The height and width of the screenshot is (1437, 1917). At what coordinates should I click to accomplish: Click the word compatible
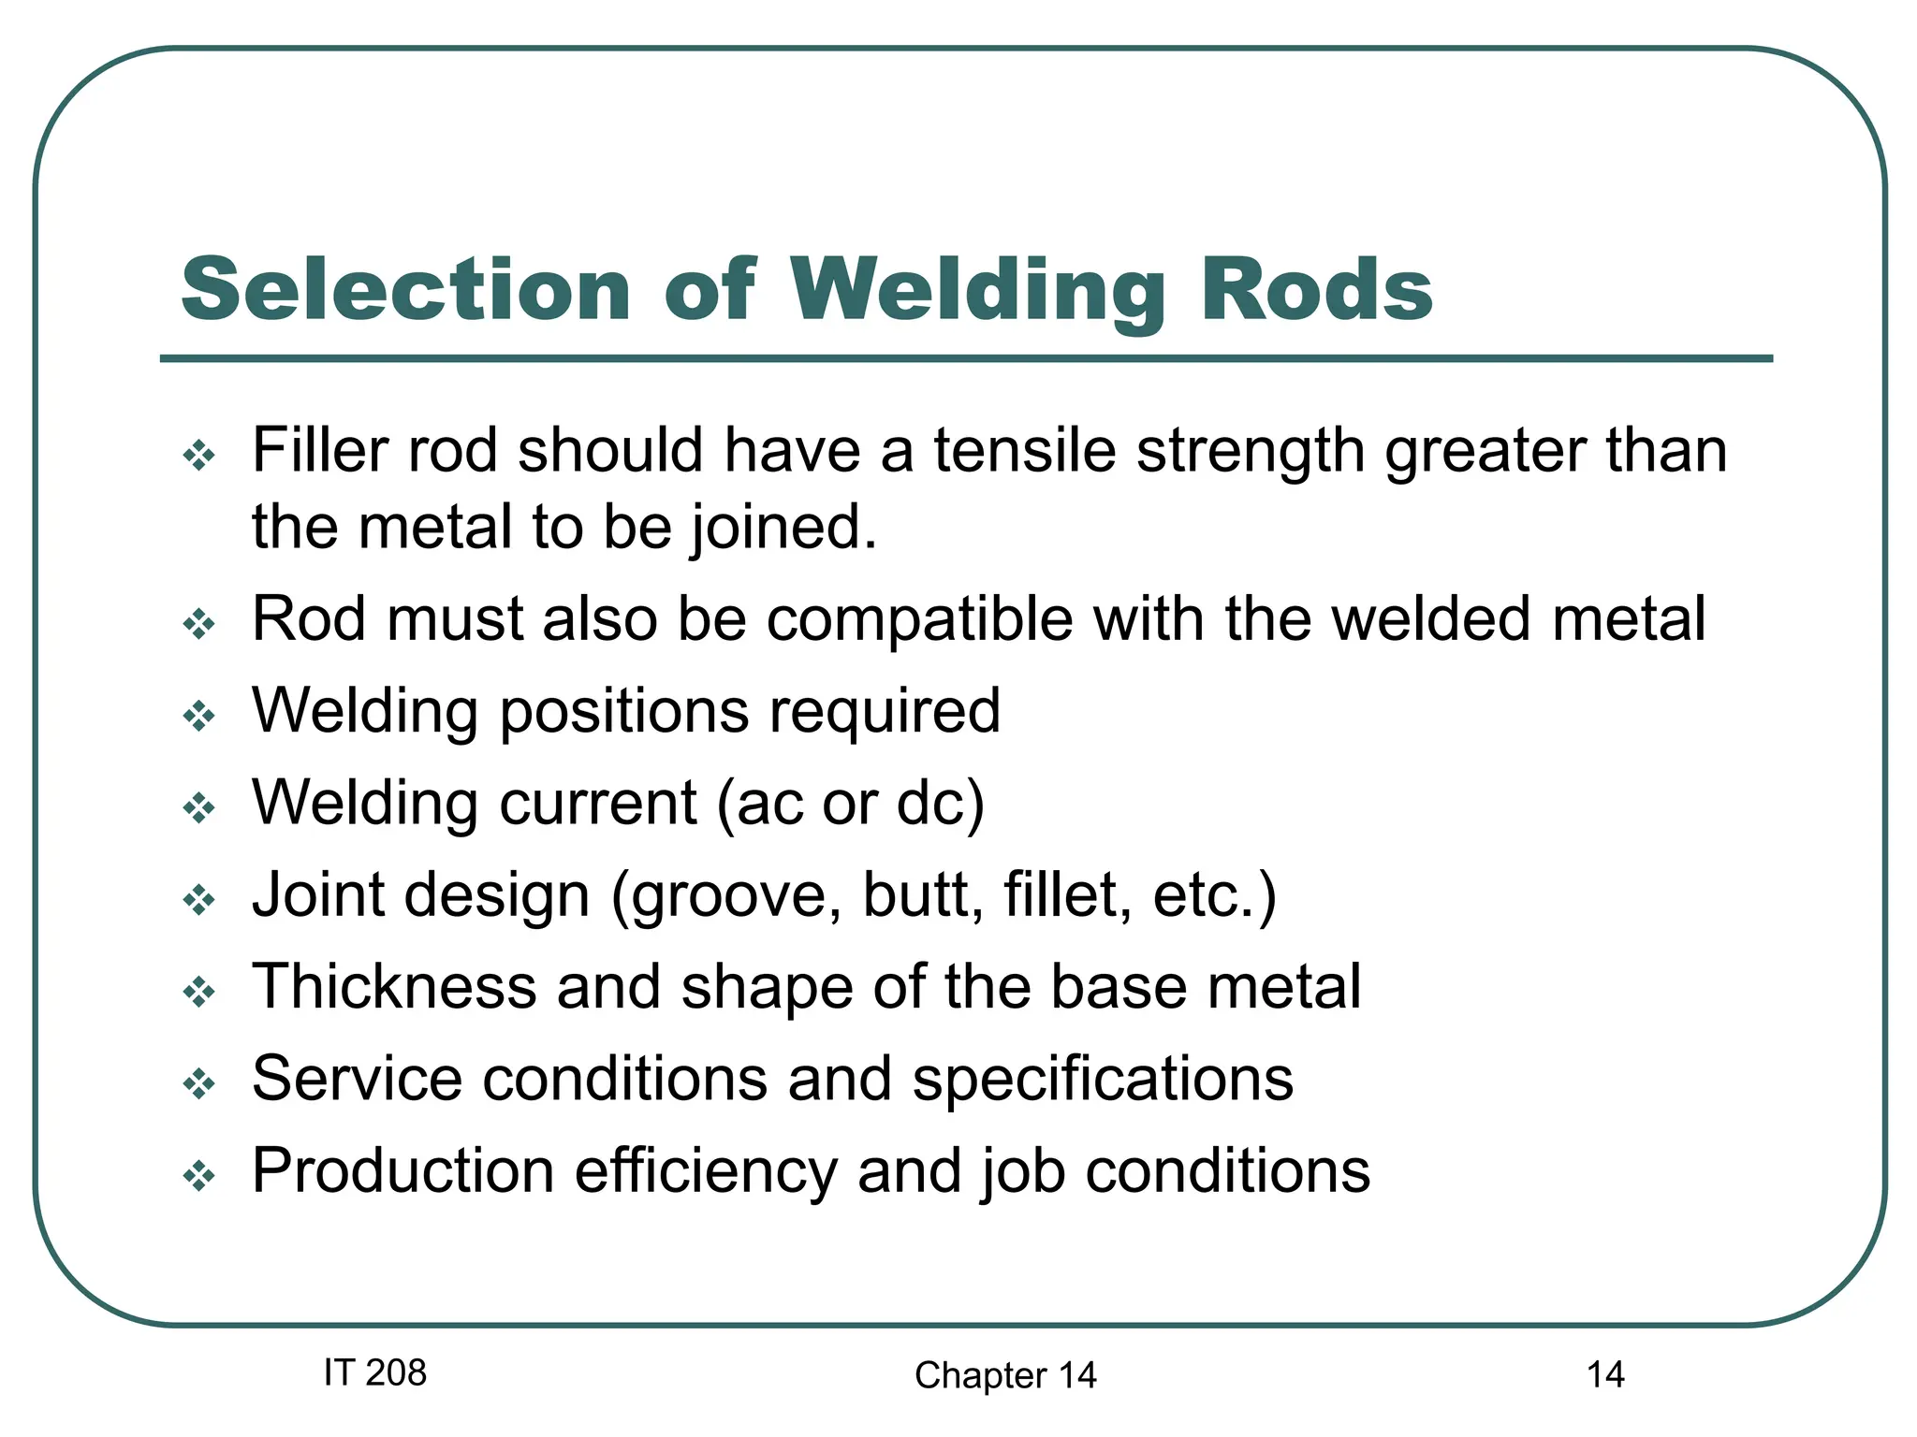point(919,619)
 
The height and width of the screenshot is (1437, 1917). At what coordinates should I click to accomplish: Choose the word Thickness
point(394,986)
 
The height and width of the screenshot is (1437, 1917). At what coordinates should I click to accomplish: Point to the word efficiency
point(705,1172)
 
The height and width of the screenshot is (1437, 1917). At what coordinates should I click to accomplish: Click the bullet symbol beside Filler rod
point(199,457)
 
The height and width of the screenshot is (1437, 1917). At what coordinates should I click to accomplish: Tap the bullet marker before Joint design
point(199,901)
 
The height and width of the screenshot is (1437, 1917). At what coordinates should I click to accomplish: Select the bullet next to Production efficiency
point(199,1176)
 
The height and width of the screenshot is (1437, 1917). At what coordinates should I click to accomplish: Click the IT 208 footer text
point(374,1372)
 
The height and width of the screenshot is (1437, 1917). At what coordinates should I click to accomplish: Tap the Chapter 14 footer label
point(1005,1375)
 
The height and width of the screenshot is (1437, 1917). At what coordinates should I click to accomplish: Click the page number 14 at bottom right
point(1604,1374)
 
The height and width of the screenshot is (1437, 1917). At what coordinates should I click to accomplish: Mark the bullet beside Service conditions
point(199,1085)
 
